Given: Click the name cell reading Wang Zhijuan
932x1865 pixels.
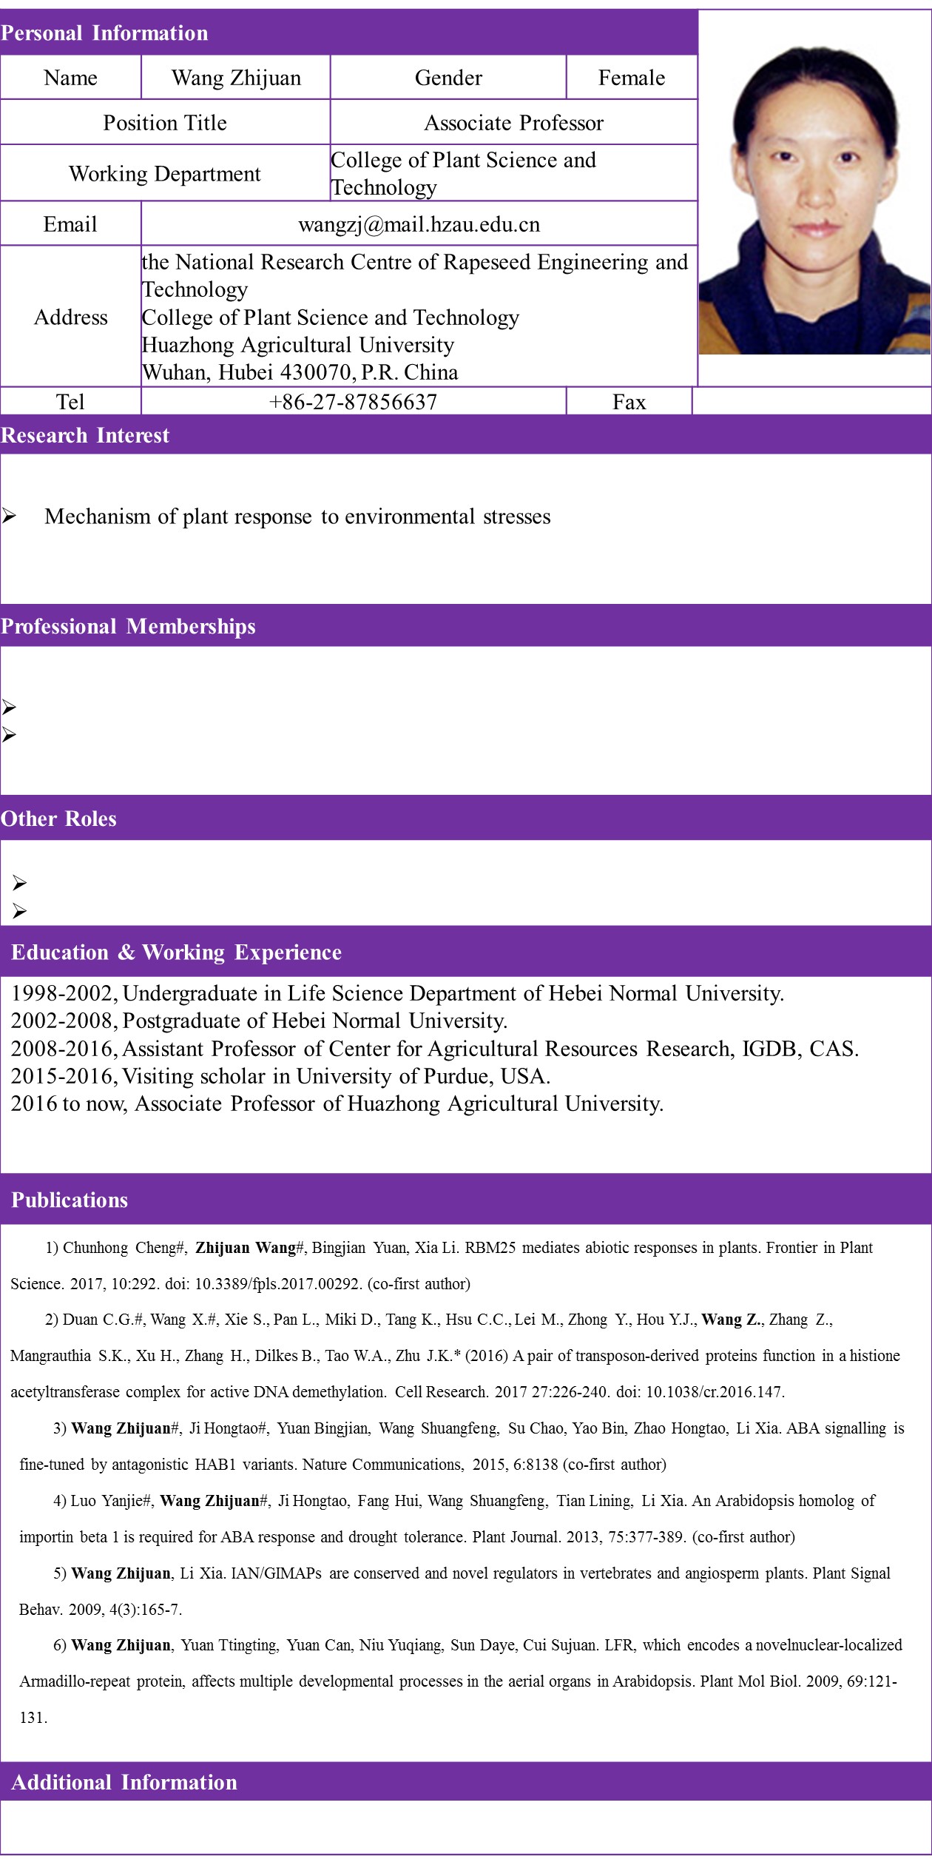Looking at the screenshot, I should point(236,78).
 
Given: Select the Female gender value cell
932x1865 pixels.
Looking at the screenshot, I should point(632,78).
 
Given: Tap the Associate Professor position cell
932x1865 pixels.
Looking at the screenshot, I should point(513,123).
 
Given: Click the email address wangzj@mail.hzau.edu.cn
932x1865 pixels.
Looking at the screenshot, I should point(419,224).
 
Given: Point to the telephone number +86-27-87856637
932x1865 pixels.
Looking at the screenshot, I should point(354,402).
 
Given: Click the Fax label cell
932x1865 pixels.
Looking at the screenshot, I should point(629,402).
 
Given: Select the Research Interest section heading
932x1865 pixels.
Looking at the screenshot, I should point(85,435).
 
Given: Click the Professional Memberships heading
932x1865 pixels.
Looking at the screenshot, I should point(128,626).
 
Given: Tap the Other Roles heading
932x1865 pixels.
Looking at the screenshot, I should point(58,819).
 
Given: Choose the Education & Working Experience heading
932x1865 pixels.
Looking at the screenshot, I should point(176,952).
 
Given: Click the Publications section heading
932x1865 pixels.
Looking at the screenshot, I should point(70,1200).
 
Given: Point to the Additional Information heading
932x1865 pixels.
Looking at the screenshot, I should point(124,1782).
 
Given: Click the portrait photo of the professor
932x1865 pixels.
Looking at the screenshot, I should point(814,200).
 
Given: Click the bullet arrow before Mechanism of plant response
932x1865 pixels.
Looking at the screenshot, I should point(9,517).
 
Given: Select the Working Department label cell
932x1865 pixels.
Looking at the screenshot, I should point(164,174).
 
